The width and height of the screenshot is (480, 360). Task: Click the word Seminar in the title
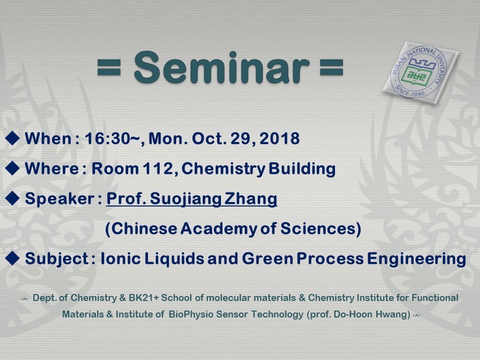221,67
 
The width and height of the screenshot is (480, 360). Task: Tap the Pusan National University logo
420,73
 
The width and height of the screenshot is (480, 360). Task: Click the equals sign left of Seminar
109,67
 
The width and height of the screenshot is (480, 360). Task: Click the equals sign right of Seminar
331,67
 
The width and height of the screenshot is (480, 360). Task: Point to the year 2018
279,138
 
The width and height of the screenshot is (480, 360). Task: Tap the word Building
302,169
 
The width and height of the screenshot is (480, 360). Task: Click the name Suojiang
185,199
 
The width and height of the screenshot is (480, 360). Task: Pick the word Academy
219,229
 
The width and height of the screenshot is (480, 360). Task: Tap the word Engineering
416,259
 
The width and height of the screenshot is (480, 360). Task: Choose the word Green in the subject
268,258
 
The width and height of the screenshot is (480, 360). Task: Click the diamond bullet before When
12,138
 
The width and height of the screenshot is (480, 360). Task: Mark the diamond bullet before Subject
12,258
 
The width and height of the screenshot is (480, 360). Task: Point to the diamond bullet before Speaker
12,198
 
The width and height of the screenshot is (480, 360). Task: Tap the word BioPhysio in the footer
191,314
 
